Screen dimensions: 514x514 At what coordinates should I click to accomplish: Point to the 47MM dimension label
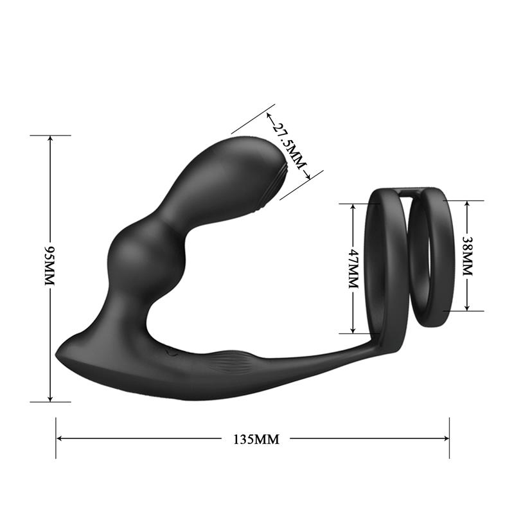coord(352,269)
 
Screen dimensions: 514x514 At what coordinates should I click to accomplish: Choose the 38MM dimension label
coord(467,256)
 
